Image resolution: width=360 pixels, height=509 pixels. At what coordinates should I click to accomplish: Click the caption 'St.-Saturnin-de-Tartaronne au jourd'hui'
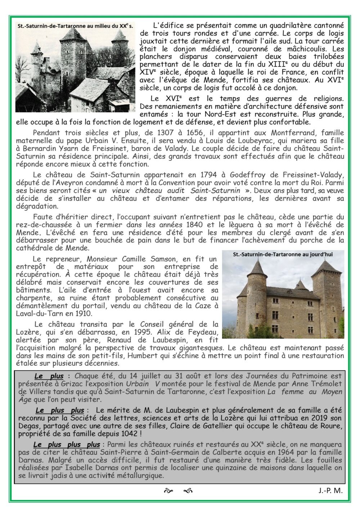tap(283, 254)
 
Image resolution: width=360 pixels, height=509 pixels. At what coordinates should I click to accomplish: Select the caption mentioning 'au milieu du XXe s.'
tap(75, 26)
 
